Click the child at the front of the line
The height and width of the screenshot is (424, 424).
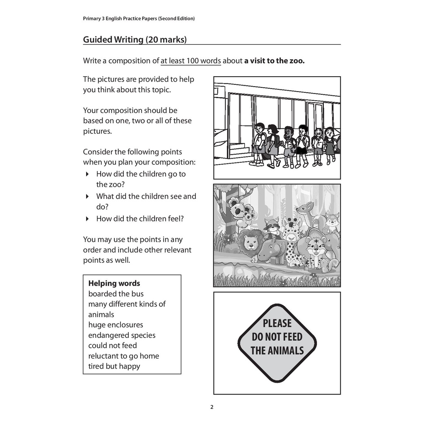coord(260,143)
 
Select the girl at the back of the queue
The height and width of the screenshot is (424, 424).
coord(329,143)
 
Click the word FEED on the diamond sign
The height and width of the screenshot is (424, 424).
coord(291,337)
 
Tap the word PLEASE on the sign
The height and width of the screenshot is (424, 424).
coord(277,323)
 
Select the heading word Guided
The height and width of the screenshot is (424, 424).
coord(98,40)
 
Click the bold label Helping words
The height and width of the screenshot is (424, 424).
coord(114,284)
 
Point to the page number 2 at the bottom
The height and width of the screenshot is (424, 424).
coord(212,407)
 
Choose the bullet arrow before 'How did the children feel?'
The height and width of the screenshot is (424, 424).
coord(87,219)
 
